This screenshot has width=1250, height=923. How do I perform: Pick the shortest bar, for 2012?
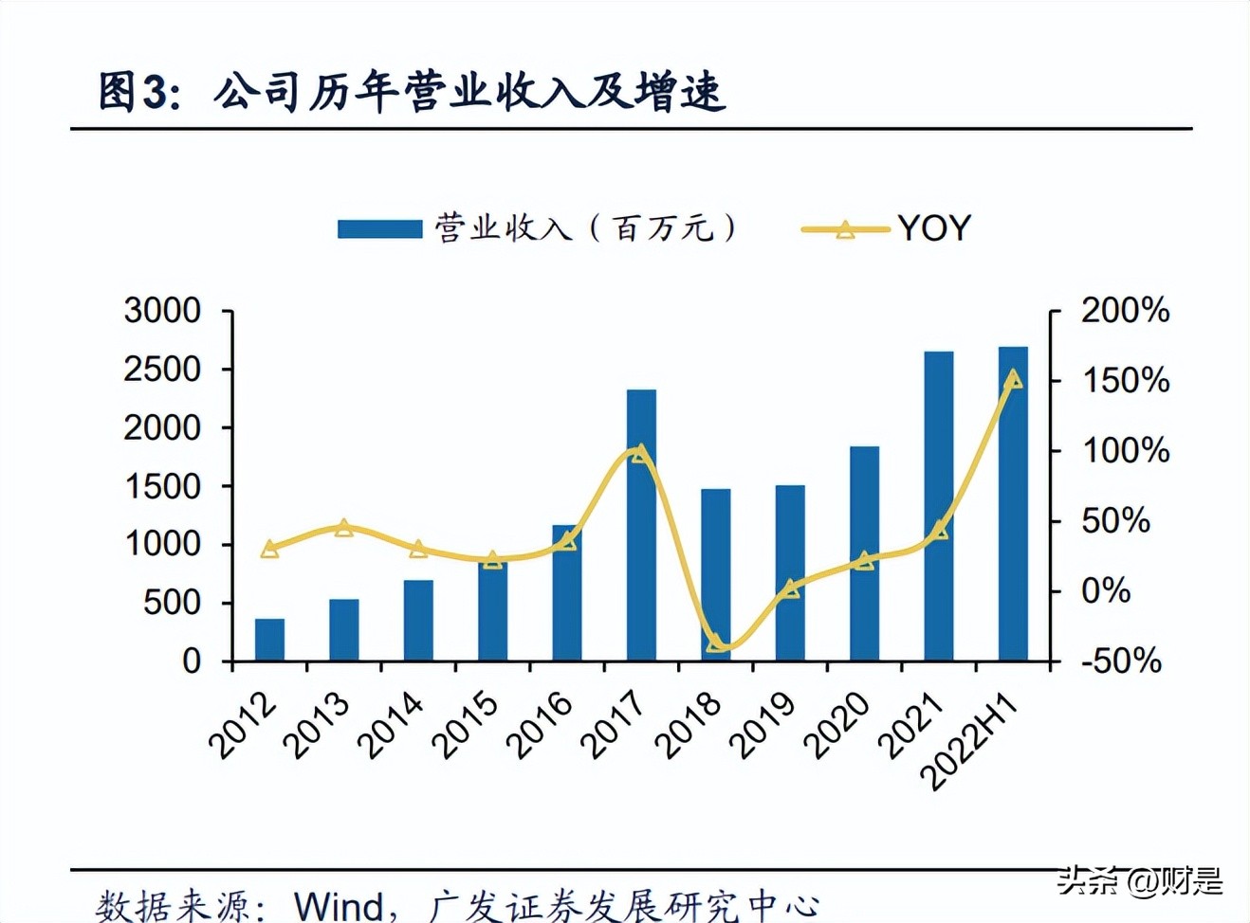point(269,640)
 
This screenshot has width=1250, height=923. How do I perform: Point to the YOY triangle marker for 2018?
point(716,644)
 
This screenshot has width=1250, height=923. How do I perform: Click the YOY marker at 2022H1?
point(1013,380)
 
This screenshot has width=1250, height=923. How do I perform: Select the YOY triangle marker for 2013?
point(344,528)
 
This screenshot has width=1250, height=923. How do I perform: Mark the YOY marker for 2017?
point(641,454)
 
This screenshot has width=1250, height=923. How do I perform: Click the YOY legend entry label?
point(934,228)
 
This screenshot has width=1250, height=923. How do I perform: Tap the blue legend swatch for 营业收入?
point(379,229)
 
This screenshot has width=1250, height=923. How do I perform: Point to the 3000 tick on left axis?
point(162,311)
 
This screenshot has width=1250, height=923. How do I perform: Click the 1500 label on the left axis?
point(162,486)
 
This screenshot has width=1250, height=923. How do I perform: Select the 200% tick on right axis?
point(1125,311)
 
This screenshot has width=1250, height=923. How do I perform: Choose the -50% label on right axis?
point(1121,661)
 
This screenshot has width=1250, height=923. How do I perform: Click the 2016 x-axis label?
point(540,726)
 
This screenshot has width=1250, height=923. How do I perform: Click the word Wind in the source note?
point(339,906)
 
